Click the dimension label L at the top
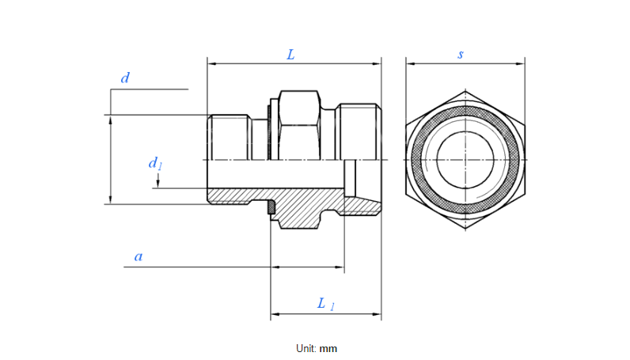[x=290, y=55]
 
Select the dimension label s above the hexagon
[x=461, y=55]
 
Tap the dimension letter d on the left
[x=124, y=78]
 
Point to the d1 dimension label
[x=155, y=164]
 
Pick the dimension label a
[x=139, y=256]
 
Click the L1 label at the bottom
[x=325, y=303]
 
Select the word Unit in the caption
[x=306, y=348]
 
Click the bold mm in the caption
[x=328, y=348]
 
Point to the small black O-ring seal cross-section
[x=269, y=208]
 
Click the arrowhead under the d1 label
[x=158, y=184]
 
